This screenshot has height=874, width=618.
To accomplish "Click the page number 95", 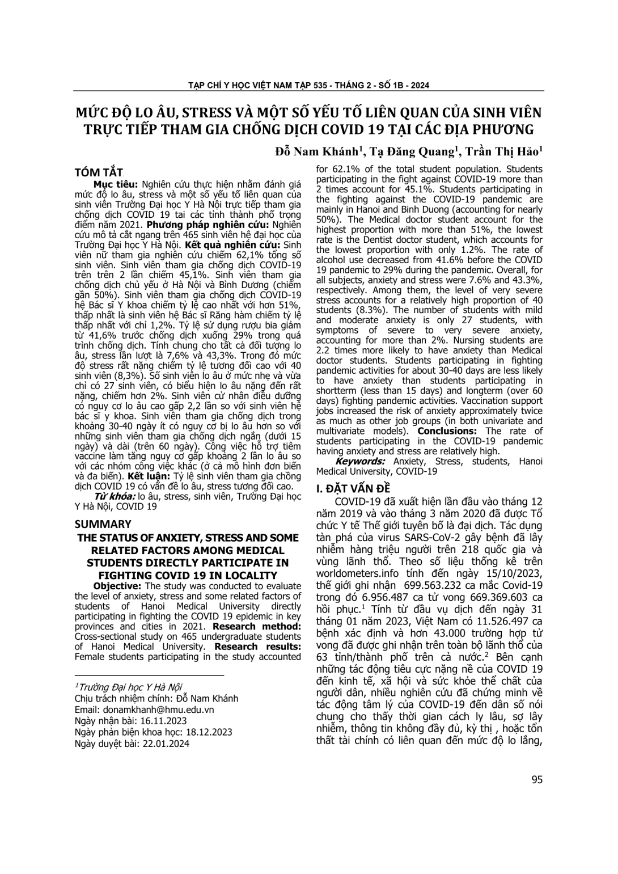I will point(537,779).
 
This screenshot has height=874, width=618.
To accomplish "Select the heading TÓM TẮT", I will point(99,172).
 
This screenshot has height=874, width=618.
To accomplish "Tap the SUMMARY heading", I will point(103,524).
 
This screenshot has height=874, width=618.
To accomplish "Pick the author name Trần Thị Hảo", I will point(502,151).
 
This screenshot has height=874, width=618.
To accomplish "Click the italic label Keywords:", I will point(361,461).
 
